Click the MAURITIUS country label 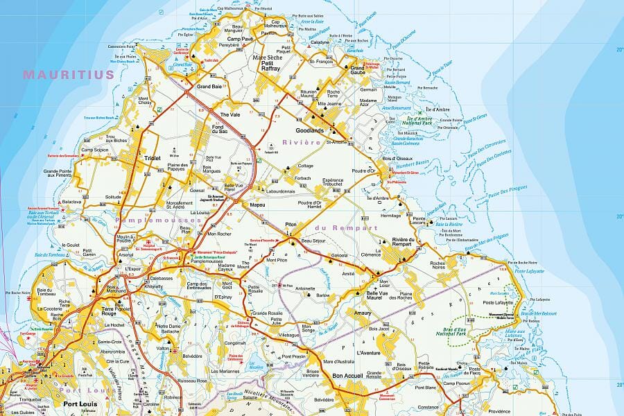pyautogui.click(x=68, y=74)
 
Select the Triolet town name pyautogui.click(x=152, y=158)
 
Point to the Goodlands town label pyautogui.click(x=309, y=130)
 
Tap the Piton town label pyautogui.click(x=291, y=225)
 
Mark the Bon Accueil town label pyautogui.click(x=348, y=376)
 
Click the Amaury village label pyautogui.click(x=363, y=313)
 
